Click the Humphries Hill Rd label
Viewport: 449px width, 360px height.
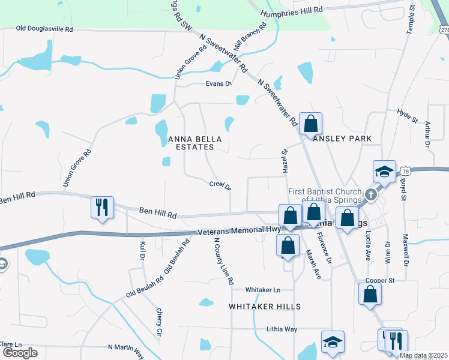point(292,10)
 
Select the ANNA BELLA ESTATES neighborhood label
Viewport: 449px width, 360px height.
point(195,143)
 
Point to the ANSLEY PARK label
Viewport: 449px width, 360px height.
point(343,139)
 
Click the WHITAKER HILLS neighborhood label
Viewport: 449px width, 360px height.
point(265,307)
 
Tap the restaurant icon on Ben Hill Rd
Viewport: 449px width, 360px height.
point(101,207)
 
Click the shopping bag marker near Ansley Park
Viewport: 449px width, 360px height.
point(311,124)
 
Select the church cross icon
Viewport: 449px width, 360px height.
point(372,194)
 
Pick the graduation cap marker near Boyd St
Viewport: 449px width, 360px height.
point(384,172)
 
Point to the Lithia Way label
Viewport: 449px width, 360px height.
point(282,329)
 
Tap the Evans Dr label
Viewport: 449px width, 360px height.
point(218,83)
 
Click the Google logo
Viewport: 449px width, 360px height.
point(20,353)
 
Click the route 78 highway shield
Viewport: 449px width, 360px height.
point(406,171)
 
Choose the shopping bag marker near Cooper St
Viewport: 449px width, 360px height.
point(370,294)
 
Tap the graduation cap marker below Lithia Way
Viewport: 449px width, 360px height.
point(333,342)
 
